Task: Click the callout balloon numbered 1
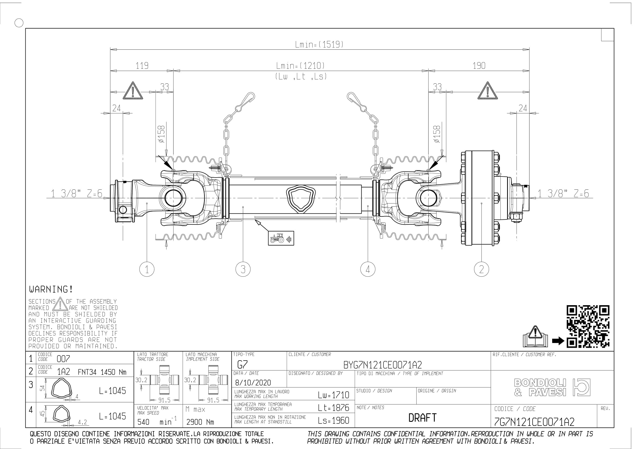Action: coord(147,269)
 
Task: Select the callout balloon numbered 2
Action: coord(481,269)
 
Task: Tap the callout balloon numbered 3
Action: coord(243,269)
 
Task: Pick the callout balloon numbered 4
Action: coord(368,269)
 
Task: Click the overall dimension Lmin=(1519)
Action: coord(319,45)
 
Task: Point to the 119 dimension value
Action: coord(142,66)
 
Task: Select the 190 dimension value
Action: coord(479,66)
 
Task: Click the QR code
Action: coord(588,326)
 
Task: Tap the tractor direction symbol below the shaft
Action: coord(281,238)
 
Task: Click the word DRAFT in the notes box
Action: coord(422,417)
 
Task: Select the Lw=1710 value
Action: coord(334,395)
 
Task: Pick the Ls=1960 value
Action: coord(334,420)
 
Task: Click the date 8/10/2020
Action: coord(253,383)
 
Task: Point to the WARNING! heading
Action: coord(51,290)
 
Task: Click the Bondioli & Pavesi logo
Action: coord(552,387)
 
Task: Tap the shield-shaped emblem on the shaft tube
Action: coord(301,199)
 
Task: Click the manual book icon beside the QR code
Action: coord(535,336)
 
